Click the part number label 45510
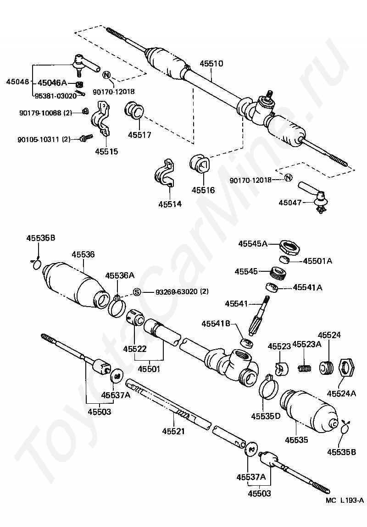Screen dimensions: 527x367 pyautogui.click(x=211, y=64)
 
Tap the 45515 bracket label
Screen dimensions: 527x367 pyautogui.click(x=106, y=151)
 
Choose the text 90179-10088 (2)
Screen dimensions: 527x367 pyautogui.click(x=45, y=112)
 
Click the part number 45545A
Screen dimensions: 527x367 pyautogui.click(x=252, y=244)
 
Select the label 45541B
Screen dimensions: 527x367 pyautogui.click(x=216, y=324)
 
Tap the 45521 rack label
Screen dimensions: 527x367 pyautogui.click(x=174, y=431)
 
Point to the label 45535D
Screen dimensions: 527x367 pyautogui.click(x=265, y=416)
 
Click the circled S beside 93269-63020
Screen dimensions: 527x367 pyautogui.click(x=136, y=292)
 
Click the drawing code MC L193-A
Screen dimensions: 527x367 pyautogui.click(x=345, y=501)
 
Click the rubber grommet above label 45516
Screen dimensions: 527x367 pyautogui.click(x=200, y=164)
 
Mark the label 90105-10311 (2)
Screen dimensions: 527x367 pyautogui.click(x=44, y=138)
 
